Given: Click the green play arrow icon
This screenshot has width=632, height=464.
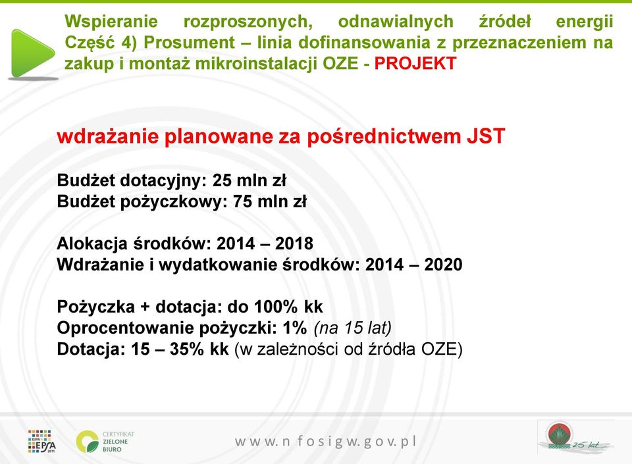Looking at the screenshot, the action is click(x=32, y=53).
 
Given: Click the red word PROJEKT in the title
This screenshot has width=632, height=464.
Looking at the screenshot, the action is click(x=415, y=63).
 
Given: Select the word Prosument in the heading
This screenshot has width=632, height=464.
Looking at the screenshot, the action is click(x=189, y=42).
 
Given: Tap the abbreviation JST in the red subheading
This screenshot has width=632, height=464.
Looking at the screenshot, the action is click(x=486, y=136).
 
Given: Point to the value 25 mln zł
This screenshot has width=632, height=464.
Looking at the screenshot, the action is click(x=249, y=180).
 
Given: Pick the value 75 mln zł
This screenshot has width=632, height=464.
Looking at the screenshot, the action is click(x=270, y=201).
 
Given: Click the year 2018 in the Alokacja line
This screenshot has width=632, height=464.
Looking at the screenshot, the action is click(x=294, y=244).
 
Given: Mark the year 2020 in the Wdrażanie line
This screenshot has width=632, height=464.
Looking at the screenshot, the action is click(x=443, y=265).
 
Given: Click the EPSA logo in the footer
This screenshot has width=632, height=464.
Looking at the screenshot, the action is click(x=42, y=442).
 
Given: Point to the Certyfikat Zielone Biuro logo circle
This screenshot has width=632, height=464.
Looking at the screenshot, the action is click(x=88, y=442).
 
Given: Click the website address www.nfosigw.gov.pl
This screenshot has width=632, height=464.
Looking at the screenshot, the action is click(x=326, y=442).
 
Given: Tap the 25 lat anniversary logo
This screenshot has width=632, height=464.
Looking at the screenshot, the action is click(x=577, y=438).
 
